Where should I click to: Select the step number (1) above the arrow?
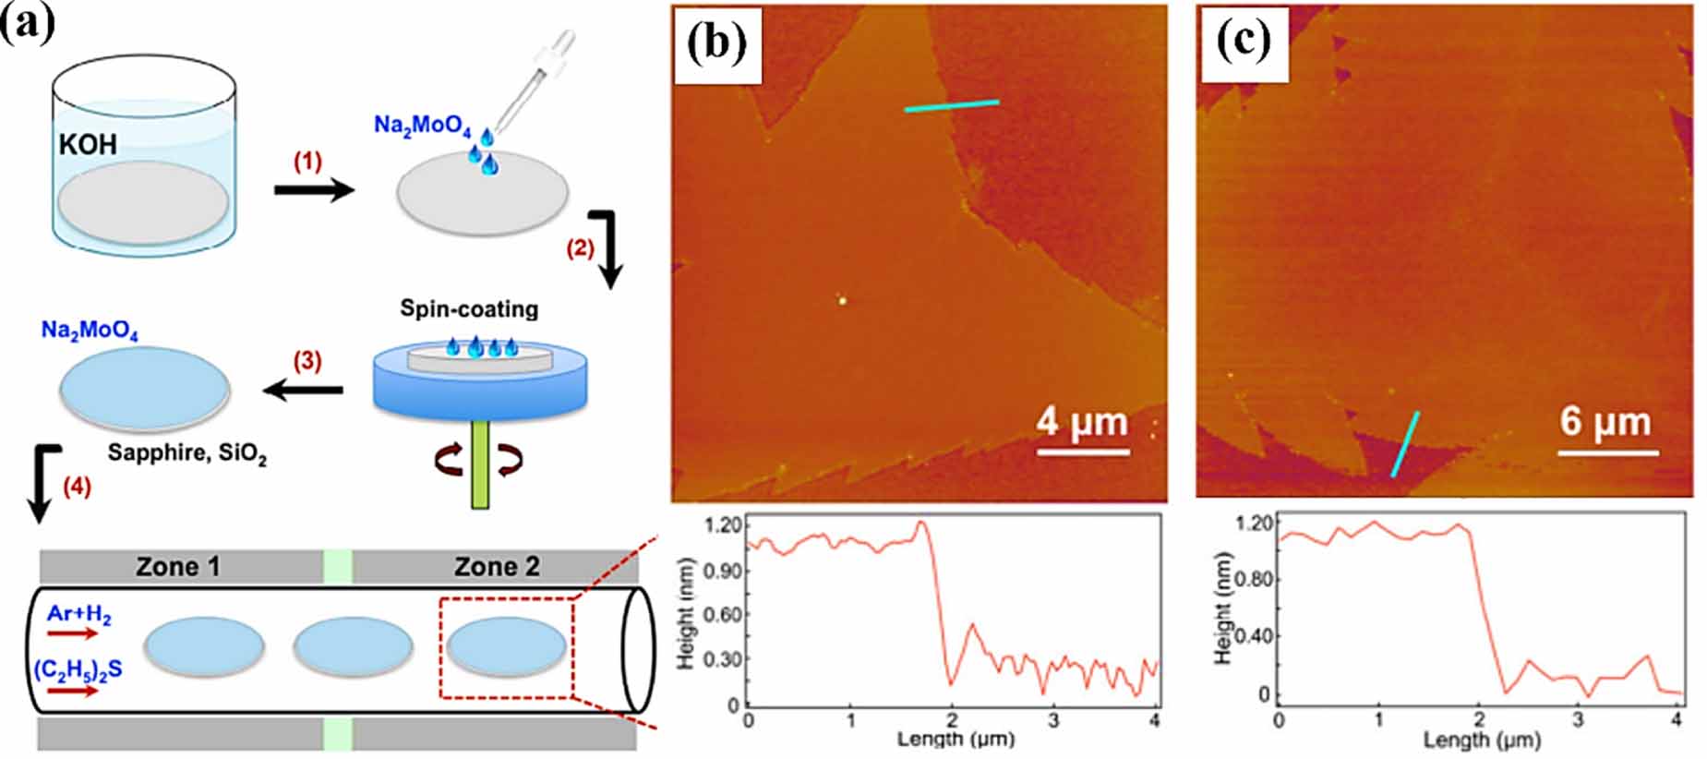[307, 162]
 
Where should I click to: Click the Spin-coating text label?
[469, 308]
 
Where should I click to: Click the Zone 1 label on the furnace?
[178, 566]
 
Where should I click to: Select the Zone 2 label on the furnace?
[497, 566]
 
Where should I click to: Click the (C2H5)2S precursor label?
[78, 670]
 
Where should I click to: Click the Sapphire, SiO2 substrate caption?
[186, 453]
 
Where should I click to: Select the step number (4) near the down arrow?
[77, 487]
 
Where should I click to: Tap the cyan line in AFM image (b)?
[951, 105]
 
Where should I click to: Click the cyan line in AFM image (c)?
[1405, 444]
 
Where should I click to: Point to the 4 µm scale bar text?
[1081, 422]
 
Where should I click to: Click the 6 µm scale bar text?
[1605, 422]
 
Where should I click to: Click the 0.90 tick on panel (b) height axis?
[723, 571]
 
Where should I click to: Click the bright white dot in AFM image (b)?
[842, 299]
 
